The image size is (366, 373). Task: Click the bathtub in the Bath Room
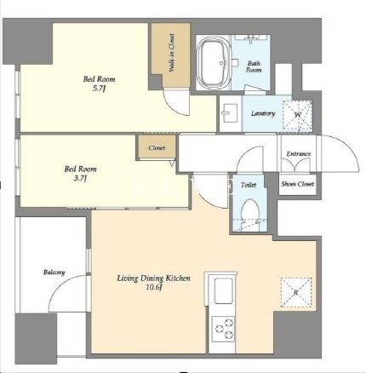coord(214,63)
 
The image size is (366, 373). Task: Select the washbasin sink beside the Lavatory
coord(230,113)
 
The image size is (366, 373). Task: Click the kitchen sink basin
coord(224,291)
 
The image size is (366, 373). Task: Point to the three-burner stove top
coord(224,329)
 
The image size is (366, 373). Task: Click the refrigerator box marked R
coord(296,292)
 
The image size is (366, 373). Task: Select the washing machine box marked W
coord(297,115)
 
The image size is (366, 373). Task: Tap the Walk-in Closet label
coord(171,53)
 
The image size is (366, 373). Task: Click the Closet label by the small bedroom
coord(157,148)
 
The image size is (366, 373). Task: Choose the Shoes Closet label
coord(298,184)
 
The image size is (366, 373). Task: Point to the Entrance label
coord(299,154)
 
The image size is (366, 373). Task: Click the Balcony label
coord(54,273)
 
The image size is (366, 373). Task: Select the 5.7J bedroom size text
coord(100,89)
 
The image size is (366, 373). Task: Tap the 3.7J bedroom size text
coord(80,179)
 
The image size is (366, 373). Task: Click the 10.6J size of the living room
coord(154,288)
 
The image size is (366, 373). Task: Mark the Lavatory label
coord(263,113)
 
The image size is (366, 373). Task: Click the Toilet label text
coord(249,185)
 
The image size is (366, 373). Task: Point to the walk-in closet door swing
coord(173,105)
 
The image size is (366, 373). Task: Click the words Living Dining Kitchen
coord(154,278)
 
